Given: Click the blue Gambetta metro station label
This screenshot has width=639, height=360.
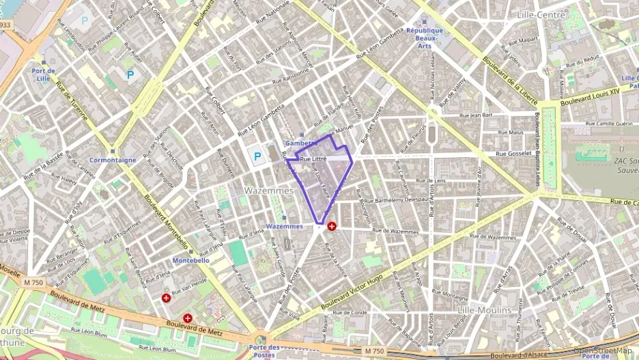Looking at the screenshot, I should (301, 143).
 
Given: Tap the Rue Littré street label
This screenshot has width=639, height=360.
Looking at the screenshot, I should (313, 158).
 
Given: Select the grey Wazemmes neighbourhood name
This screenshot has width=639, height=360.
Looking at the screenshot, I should (269, 191).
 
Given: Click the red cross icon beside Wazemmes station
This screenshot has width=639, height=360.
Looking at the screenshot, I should (332, 225).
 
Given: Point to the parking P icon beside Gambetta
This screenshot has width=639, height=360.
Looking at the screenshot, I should (257, 156).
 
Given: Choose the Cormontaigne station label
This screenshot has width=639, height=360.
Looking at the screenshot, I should (113, 160).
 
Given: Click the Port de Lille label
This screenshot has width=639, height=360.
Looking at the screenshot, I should (43, 74).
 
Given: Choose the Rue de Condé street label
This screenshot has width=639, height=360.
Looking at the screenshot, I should (350, 313).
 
